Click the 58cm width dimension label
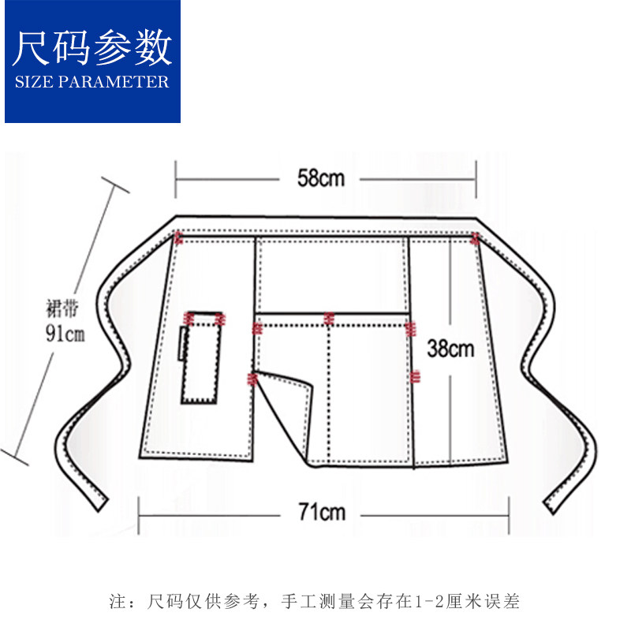point(321,177)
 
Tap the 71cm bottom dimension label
point(321,513)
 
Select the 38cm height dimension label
point(450,347)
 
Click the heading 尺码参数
point(92,49)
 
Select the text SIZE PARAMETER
point(92,81)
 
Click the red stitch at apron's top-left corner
point(179,237)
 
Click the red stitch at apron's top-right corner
point(475,237)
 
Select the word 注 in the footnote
point(116,602)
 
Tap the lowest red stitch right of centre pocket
point(413,375)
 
